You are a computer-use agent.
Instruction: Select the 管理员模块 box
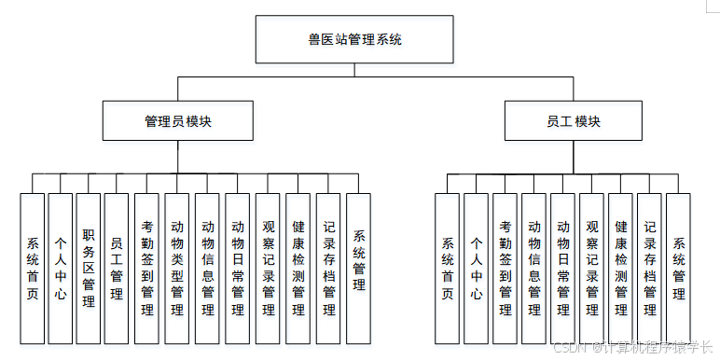[x=177, y=121]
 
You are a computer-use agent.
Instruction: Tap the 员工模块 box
[x=574, y=121]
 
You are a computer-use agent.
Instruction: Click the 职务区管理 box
[x=89, y=269]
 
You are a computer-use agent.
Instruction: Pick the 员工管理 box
[x=117, y=269]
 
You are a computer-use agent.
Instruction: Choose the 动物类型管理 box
[x=177, y=269]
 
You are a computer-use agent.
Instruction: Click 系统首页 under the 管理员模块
[x=33, y=269]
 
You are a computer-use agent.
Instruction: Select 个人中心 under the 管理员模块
[x=61, y=269]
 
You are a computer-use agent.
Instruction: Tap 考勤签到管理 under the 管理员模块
[x=147, y=269]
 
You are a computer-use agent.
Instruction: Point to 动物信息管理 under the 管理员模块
[x=207, y=269]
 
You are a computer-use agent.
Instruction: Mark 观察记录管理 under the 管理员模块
[x=268, y=269]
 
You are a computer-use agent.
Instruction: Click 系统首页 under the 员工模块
[x=448, y=269]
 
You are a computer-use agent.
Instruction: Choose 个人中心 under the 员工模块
[x=476, y=269]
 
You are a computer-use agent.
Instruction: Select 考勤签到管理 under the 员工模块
[x=505, y=269]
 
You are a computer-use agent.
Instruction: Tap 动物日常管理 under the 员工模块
[x=562, y=269]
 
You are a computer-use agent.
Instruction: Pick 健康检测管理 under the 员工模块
[x=620, y=269]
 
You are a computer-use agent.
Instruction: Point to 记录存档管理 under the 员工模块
[x=649, y=269]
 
